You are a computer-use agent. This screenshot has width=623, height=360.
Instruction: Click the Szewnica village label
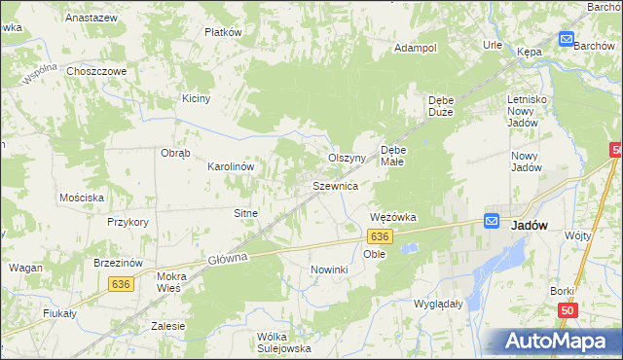point(336,185)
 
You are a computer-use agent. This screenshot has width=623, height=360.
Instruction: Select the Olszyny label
point(346,158)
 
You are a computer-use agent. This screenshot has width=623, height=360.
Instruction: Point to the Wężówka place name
point(393,217)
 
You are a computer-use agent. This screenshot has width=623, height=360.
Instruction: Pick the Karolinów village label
point(231,166)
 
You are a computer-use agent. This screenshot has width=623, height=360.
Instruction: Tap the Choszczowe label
point(97,71)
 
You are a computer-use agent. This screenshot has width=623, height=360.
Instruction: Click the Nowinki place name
point(329,269)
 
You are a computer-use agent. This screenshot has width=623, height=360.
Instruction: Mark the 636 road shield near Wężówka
point(381,236)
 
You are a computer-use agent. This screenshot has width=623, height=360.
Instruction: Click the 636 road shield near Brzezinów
point(121,283)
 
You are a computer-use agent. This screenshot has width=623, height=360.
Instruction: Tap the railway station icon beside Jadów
point(493,222)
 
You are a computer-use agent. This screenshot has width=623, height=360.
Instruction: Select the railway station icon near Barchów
point(567,39)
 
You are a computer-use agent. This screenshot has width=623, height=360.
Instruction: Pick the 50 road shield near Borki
point(567,309)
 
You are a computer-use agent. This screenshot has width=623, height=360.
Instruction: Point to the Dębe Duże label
point(444,106)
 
